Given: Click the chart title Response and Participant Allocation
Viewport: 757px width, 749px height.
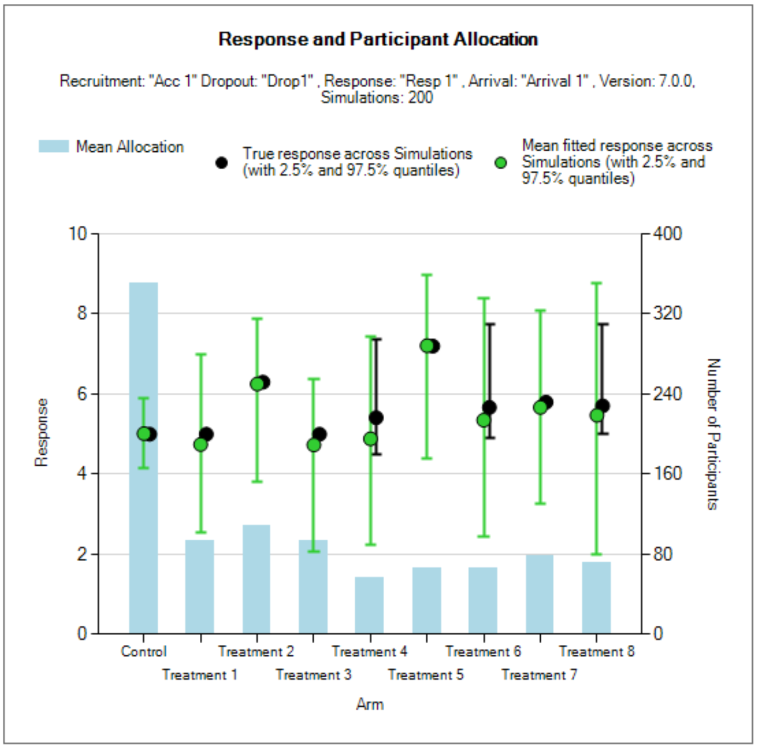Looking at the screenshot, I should coord(378,39).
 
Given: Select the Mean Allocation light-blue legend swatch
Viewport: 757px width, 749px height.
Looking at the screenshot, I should coord(54,146).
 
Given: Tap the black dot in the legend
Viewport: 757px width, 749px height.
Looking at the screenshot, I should coord(221,163).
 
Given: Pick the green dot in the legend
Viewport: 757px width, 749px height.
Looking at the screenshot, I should coord(500,163).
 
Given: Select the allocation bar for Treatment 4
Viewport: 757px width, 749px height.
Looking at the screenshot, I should coord(369,605).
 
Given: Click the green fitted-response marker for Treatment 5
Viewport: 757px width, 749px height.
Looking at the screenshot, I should coord(426,346).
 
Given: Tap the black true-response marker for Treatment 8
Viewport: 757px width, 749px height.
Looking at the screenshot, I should coord(603,406).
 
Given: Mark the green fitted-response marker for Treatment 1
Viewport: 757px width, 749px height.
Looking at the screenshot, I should coord(200,445).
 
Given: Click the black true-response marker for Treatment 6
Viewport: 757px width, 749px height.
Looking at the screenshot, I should coord(490,408).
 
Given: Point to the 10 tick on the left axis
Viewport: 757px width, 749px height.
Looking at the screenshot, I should coord(78,234).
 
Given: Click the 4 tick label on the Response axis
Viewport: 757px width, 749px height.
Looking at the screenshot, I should coord(82,473).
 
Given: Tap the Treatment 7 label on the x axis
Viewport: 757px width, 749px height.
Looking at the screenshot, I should coord(539,675).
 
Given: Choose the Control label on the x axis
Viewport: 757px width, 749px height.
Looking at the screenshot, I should coord(143,651).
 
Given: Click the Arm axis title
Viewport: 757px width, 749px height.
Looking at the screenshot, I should coord(370,704).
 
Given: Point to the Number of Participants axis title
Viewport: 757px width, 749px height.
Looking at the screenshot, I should coord(713,434).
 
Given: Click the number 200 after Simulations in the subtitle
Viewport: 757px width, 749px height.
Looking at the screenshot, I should coord(420,98).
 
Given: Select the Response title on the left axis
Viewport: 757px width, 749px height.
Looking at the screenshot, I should coord(42,433).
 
